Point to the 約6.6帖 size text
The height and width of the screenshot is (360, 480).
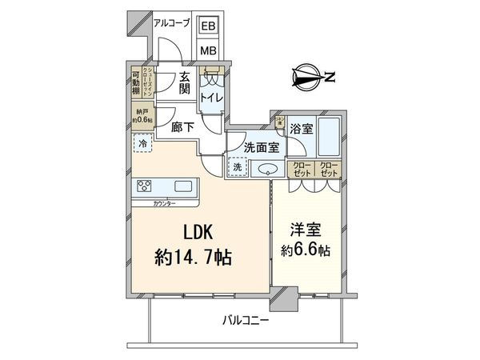(x=308, y=250)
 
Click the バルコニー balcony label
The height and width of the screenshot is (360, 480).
(x=246, y=322)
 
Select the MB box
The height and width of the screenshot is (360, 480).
(x=207, y=49)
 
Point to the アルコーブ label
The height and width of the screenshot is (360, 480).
(x=171, y=24)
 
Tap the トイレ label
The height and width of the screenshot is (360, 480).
(x=211, y=98)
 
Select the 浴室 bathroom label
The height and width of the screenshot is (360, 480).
(x=302, y=128)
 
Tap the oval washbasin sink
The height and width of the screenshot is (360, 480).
(x=266, y=169)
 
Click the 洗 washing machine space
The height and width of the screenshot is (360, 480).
(x=238, y=168)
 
